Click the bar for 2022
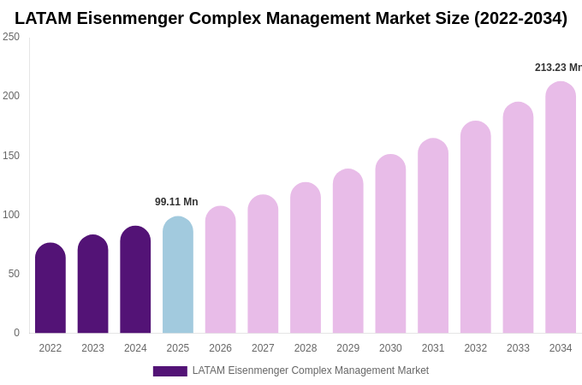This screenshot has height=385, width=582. (50, 288)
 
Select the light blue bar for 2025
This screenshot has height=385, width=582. (178, 275)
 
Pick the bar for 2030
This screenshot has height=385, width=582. (390, 245)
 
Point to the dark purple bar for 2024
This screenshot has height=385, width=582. (135, 281)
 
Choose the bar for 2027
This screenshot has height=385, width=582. (263, 264)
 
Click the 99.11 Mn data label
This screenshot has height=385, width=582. (176, 202)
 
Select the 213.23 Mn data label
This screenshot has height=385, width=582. (557, 68)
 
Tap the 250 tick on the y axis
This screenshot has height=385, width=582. (11, 37)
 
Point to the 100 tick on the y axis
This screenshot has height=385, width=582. (11, 215)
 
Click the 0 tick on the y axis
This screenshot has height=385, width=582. (16, 333)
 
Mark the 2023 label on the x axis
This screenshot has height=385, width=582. (92, 348)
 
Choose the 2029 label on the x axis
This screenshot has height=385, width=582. (347, 348)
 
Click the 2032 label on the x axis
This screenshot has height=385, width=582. (475, 348)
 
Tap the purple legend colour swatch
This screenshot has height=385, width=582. (169, 371)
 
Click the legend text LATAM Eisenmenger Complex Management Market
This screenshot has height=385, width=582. (310, 370)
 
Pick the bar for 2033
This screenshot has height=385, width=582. (518, 218)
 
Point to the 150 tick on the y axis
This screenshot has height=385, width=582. (11, 156)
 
